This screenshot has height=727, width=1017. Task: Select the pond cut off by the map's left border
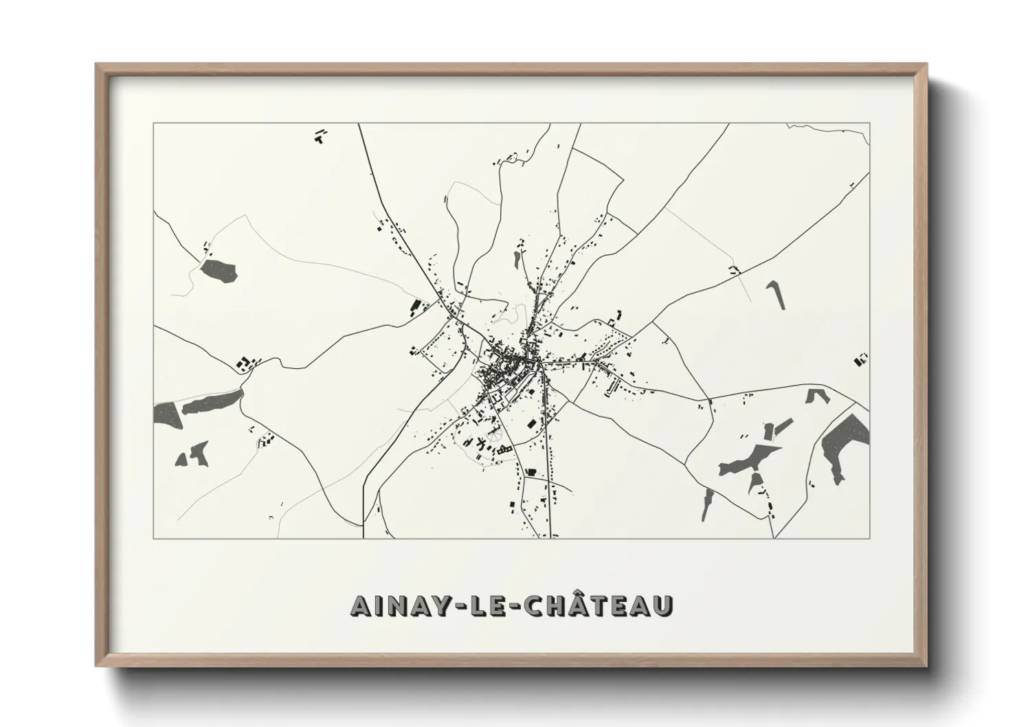click(165, 414)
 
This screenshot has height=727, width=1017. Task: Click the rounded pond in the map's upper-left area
click(219, 269)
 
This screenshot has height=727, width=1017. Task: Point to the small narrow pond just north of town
click(516, 258)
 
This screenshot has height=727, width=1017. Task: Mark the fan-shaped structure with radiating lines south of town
click(493, 436)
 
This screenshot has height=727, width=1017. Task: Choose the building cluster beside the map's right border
click(860, 358)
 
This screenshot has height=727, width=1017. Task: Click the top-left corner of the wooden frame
click(97, 65)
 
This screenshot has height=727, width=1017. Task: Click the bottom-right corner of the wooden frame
click(926, 664)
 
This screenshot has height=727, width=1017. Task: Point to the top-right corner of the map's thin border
click(870, 124)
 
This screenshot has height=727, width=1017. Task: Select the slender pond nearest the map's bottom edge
click(707, 506)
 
